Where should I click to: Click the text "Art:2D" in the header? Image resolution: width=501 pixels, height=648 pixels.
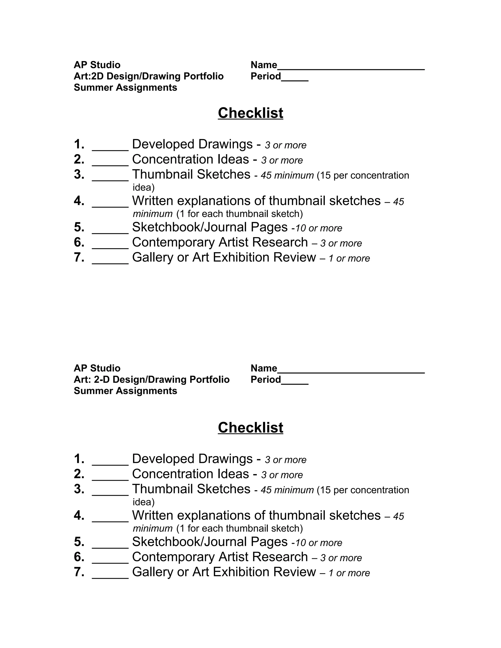coord(89,76)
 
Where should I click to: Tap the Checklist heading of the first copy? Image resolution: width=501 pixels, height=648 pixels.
coord(250,113)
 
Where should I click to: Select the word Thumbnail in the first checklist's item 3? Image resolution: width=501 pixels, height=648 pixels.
coord(162,174)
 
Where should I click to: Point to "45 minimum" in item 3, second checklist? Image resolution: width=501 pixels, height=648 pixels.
coord(287,490)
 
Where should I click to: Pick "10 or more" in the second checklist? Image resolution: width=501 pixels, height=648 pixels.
coord(319,543)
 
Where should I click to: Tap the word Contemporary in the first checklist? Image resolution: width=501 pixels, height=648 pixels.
coord(173,242)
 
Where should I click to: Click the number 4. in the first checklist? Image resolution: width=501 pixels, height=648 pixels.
coord(79,201)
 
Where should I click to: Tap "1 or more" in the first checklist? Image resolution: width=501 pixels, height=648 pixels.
coord(349,258)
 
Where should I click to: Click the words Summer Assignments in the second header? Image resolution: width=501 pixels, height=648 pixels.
coord(125,391)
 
